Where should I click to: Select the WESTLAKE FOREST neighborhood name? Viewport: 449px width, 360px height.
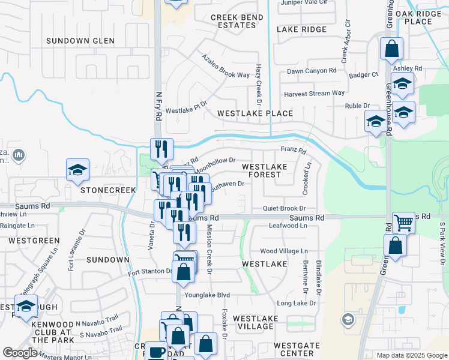261,170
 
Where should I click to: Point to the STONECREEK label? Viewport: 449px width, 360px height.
100,189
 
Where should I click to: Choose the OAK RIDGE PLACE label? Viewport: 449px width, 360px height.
418,17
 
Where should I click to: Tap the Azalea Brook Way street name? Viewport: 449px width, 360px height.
225,75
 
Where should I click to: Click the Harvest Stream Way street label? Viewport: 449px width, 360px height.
314,93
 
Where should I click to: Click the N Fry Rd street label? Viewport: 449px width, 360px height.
158,107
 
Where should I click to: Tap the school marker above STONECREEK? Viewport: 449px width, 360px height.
77,170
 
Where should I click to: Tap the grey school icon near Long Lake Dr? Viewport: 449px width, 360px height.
347,319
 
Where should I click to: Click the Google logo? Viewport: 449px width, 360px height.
20,353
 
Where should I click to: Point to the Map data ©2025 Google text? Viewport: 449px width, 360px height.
411,355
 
